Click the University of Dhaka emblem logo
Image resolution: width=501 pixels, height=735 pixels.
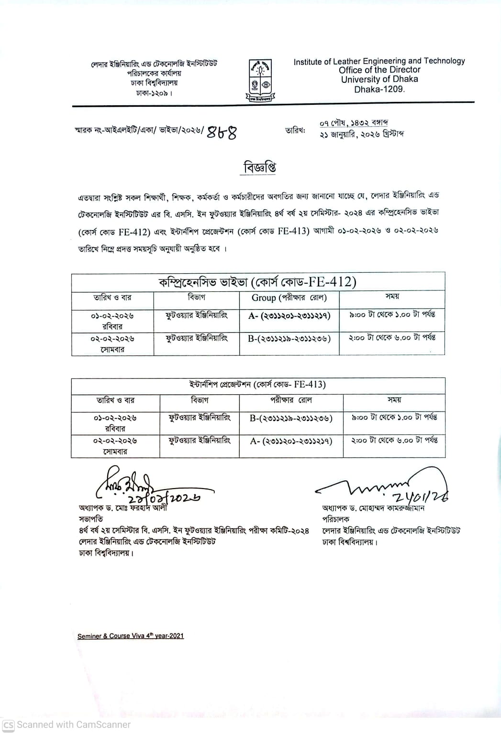pyautogui.click(x=260, y=81)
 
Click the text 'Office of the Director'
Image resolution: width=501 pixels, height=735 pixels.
pyautogui.click(x=379, y=70)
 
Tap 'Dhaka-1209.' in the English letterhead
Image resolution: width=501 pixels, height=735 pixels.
pyautogui.click(x=379, y=89)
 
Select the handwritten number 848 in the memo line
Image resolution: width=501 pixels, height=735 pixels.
pyautogui.click(x=222, y=132)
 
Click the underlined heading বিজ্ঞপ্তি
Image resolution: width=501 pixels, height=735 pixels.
pyautogui.click(x=260, y=167)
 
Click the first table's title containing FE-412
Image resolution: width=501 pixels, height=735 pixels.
pyautogui.click(x=257, y=282)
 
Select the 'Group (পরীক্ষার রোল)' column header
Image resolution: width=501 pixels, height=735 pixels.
pyautogui.click(x=289, y=298)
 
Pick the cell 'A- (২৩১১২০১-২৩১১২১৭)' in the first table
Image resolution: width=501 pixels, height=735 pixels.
pyautogui.click(x=289, y=316)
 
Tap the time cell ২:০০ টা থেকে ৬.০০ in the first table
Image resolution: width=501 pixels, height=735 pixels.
pyautogui.click(x=392, y=338)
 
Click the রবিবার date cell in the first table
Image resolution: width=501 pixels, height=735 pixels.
pyautogui.click(x=112, y=321)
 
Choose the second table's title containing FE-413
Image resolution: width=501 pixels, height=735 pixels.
pyautogui.click(x=257, y=385)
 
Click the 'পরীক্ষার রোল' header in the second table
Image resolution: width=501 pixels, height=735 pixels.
pyautogui.click(x=291, y=400)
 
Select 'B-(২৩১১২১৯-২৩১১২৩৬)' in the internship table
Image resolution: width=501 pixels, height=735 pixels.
pyautogui.click(x=291, y=418)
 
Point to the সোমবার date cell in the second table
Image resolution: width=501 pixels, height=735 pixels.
pyautogui.click(x=115, y=446)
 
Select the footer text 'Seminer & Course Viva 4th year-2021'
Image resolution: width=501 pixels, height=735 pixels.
pyautogui.click(x=131, y=636)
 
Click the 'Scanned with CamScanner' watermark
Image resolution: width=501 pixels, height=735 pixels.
pyautogui.click(x=67, y=724)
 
